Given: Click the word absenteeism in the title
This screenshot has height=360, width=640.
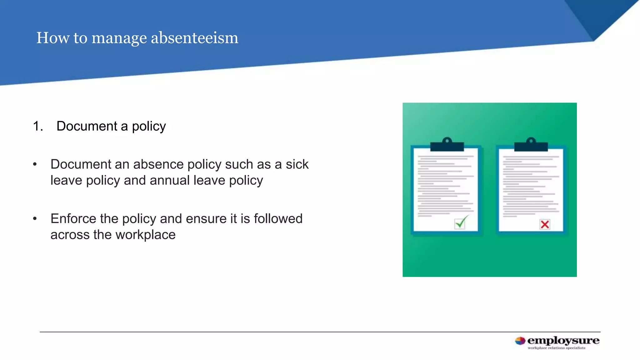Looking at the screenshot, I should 194,38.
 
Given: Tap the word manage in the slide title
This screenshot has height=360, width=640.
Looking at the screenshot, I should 119,38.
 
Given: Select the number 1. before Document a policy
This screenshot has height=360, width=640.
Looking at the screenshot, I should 38,126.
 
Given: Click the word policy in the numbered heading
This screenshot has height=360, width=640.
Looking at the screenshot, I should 149,127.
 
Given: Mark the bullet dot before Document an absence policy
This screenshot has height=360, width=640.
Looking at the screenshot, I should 35,164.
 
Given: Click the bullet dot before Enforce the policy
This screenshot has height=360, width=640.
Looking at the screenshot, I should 35,219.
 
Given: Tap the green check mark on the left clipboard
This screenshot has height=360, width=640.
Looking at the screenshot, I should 461,222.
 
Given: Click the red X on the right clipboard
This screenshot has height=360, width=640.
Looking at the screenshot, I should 545,224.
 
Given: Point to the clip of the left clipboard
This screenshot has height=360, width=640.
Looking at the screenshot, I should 447,145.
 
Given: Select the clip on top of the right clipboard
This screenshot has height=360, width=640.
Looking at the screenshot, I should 531,145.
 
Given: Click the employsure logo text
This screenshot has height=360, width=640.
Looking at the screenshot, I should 563,340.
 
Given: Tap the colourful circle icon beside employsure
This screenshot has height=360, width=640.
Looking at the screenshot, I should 520,341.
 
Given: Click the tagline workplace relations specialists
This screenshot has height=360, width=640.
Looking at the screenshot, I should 556,348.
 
